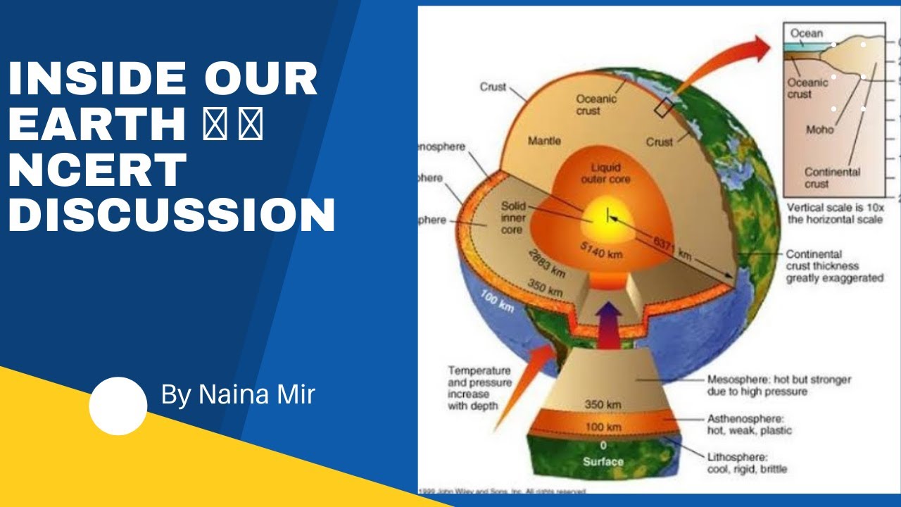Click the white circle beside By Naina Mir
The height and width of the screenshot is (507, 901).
tap(118, 406)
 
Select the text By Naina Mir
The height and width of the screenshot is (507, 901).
tap(237, 395)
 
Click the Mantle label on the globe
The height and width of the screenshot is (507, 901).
tap(544, 142)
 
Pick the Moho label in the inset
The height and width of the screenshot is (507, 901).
tap(819, 130)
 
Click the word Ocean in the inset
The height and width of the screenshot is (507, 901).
tap(806, 33)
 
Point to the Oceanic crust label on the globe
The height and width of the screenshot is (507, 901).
tap(596, 105)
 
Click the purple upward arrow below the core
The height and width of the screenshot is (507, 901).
tap(610, 325)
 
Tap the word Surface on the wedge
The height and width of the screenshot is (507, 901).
tap(603, 462)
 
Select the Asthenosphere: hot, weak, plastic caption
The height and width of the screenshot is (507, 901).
tap(749, 425)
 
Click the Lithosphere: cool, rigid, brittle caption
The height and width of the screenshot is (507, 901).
tap(747, 463)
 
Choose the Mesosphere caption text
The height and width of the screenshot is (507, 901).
tap(779, 385)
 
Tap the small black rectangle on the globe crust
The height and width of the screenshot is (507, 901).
tap(663, 108)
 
